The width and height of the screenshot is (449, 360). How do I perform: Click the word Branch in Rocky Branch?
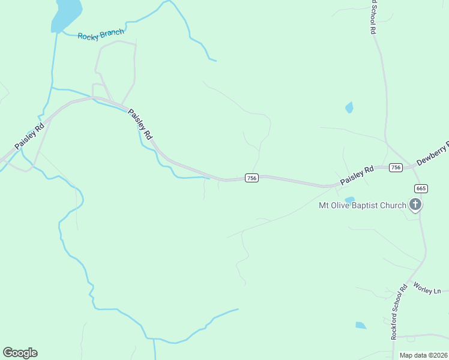tap(112, 34)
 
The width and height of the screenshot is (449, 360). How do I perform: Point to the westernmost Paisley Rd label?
tap(29, 137)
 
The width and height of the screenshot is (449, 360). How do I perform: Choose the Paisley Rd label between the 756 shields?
tap(357, 175)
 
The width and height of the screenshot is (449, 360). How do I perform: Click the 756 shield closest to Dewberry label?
tap(395, 167)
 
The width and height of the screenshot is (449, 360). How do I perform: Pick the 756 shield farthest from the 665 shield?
tap(252, 178)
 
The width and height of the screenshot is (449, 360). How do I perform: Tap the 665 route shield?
tap(421, 188)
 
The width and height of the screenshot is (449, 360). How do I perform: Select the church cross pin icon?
tap(415, 205)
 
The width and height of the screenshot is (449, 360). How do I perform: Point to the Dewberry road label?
tap(433, 154)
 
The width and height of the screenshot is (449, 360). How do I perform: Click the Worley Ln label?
tap(427, 289)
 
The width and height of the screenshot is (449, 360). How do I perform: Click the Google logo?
tap(20, 353)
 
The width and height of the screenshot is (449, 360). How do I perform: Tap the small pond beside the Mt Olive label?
tap(349, 199)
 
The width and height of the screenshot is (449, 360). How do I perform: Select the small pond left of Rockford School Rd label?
tap(360, 325)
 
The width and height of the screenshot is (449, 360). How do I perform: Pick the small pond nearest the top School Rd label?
tap(349, 108)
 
